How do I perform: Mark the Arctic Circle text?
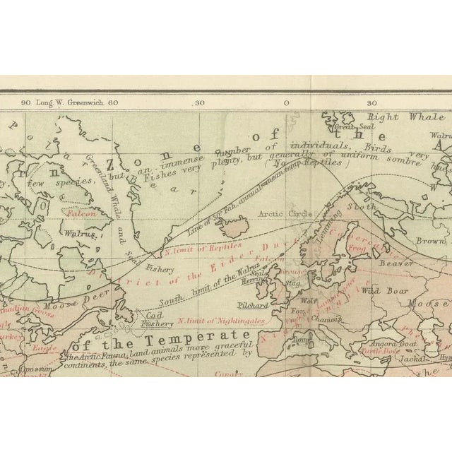279,212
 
